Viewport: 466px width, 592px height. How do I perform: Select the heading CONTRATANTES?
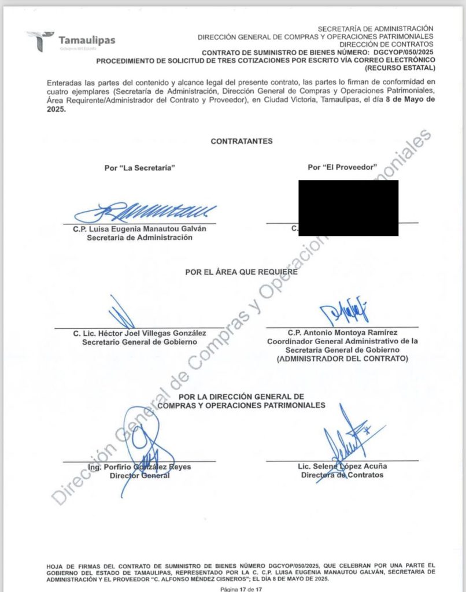pos(241,141)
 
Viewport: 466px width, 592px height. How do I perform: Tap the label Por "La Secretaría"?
pos(139,168)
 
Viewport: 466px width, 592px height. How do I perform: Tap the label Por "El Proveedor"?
pos(342,167)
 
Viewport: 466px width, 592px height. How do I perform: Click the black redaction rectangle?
pos(348,208)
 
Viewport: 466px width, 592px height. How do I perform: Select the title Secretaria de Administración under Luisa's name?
pos(139,237)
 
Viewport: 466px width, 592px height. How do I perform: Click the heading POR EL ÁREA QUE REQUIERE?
pos(241,272)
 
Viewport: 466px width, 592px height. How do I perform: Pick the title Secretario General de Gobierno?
pos(139,342)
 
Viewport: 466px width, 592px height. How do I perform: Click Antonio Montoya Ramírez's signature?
pos(343,313)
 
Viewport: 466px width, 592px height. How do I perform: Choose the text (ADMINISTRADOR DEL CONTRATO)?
pos(342,358)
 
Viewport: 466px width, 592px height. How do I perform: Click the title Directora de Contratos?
pos(342,475)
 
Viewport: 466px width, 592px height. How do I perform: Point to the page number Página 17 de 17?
pos(241,588)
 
